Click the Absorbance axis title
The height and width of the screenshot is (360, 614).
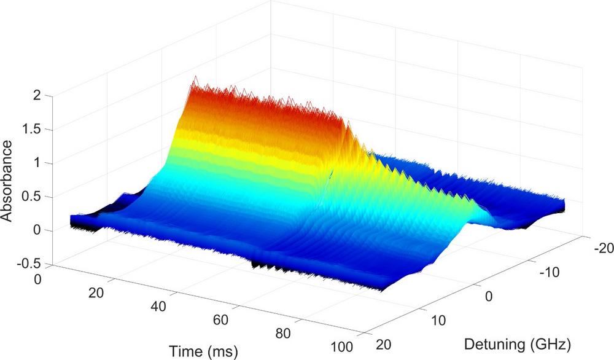click(7, 181)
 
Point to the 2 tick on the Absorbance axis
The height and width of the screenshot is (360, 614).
click(36, 95)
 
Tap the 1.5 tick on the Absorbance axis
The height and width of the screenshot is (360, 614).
click(31, 130)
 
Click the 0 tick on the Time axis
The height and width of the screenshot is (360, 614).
click(39, 280)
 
